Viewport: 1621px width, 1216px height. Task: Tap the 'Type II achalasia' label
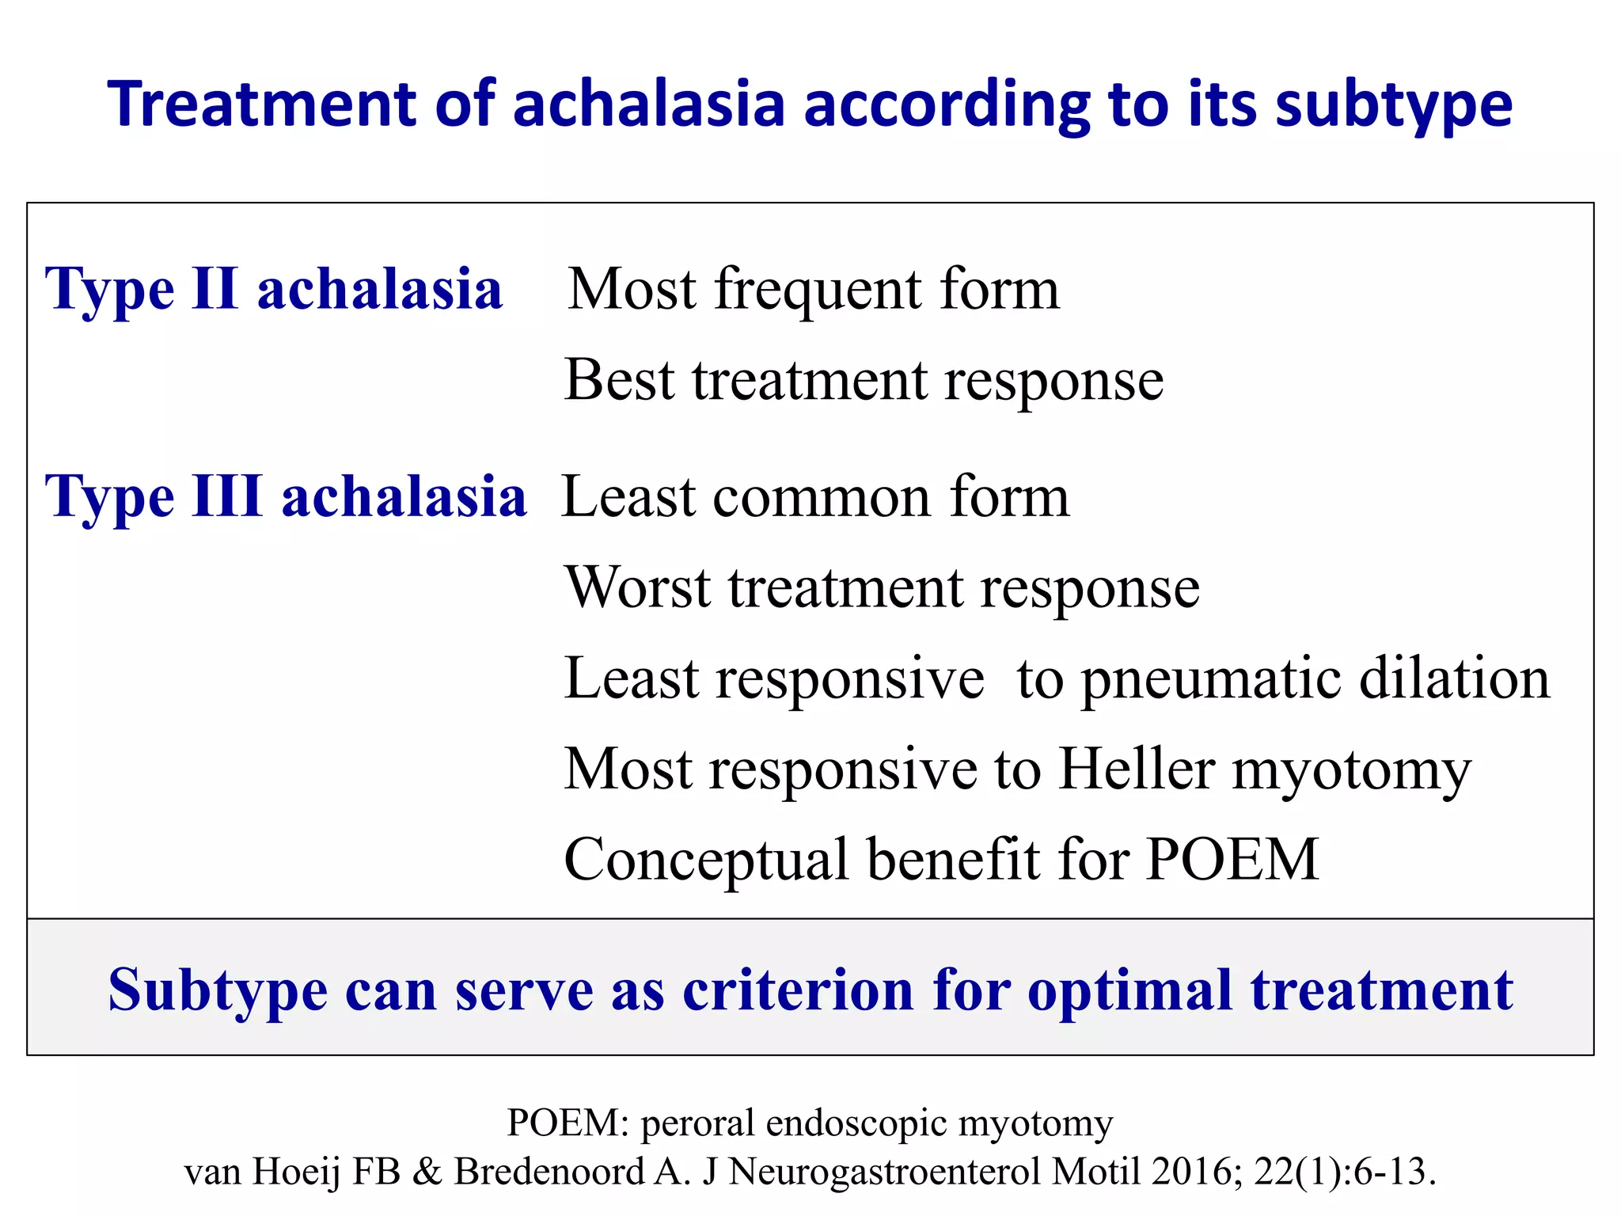(x=274, y=290)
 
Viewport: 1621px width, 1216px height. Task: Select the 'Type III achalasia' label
(x=286, y=497)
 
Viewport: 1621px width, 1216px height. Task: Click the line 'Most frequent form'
(x=814, y=290)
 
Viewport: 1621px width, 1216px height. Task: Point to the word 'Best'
(x=619, y=381)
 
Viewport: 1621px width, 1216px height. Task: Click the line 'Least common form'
(x=815, y=497)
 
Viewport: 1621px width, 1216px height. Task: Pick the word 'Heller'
(x=1137, y=769)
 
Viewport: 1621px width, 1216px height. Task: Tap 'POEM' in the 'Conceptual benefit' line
(x=1233, y=861)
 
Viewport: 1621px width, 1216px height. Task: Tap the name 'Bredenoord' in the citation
(x=549, y=1172)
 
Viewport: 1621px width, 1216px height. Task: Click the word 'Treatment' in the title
(x=262, y=105)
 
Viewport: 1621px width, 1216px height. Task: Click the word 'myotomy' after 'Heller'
(x=1352, y=769)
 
